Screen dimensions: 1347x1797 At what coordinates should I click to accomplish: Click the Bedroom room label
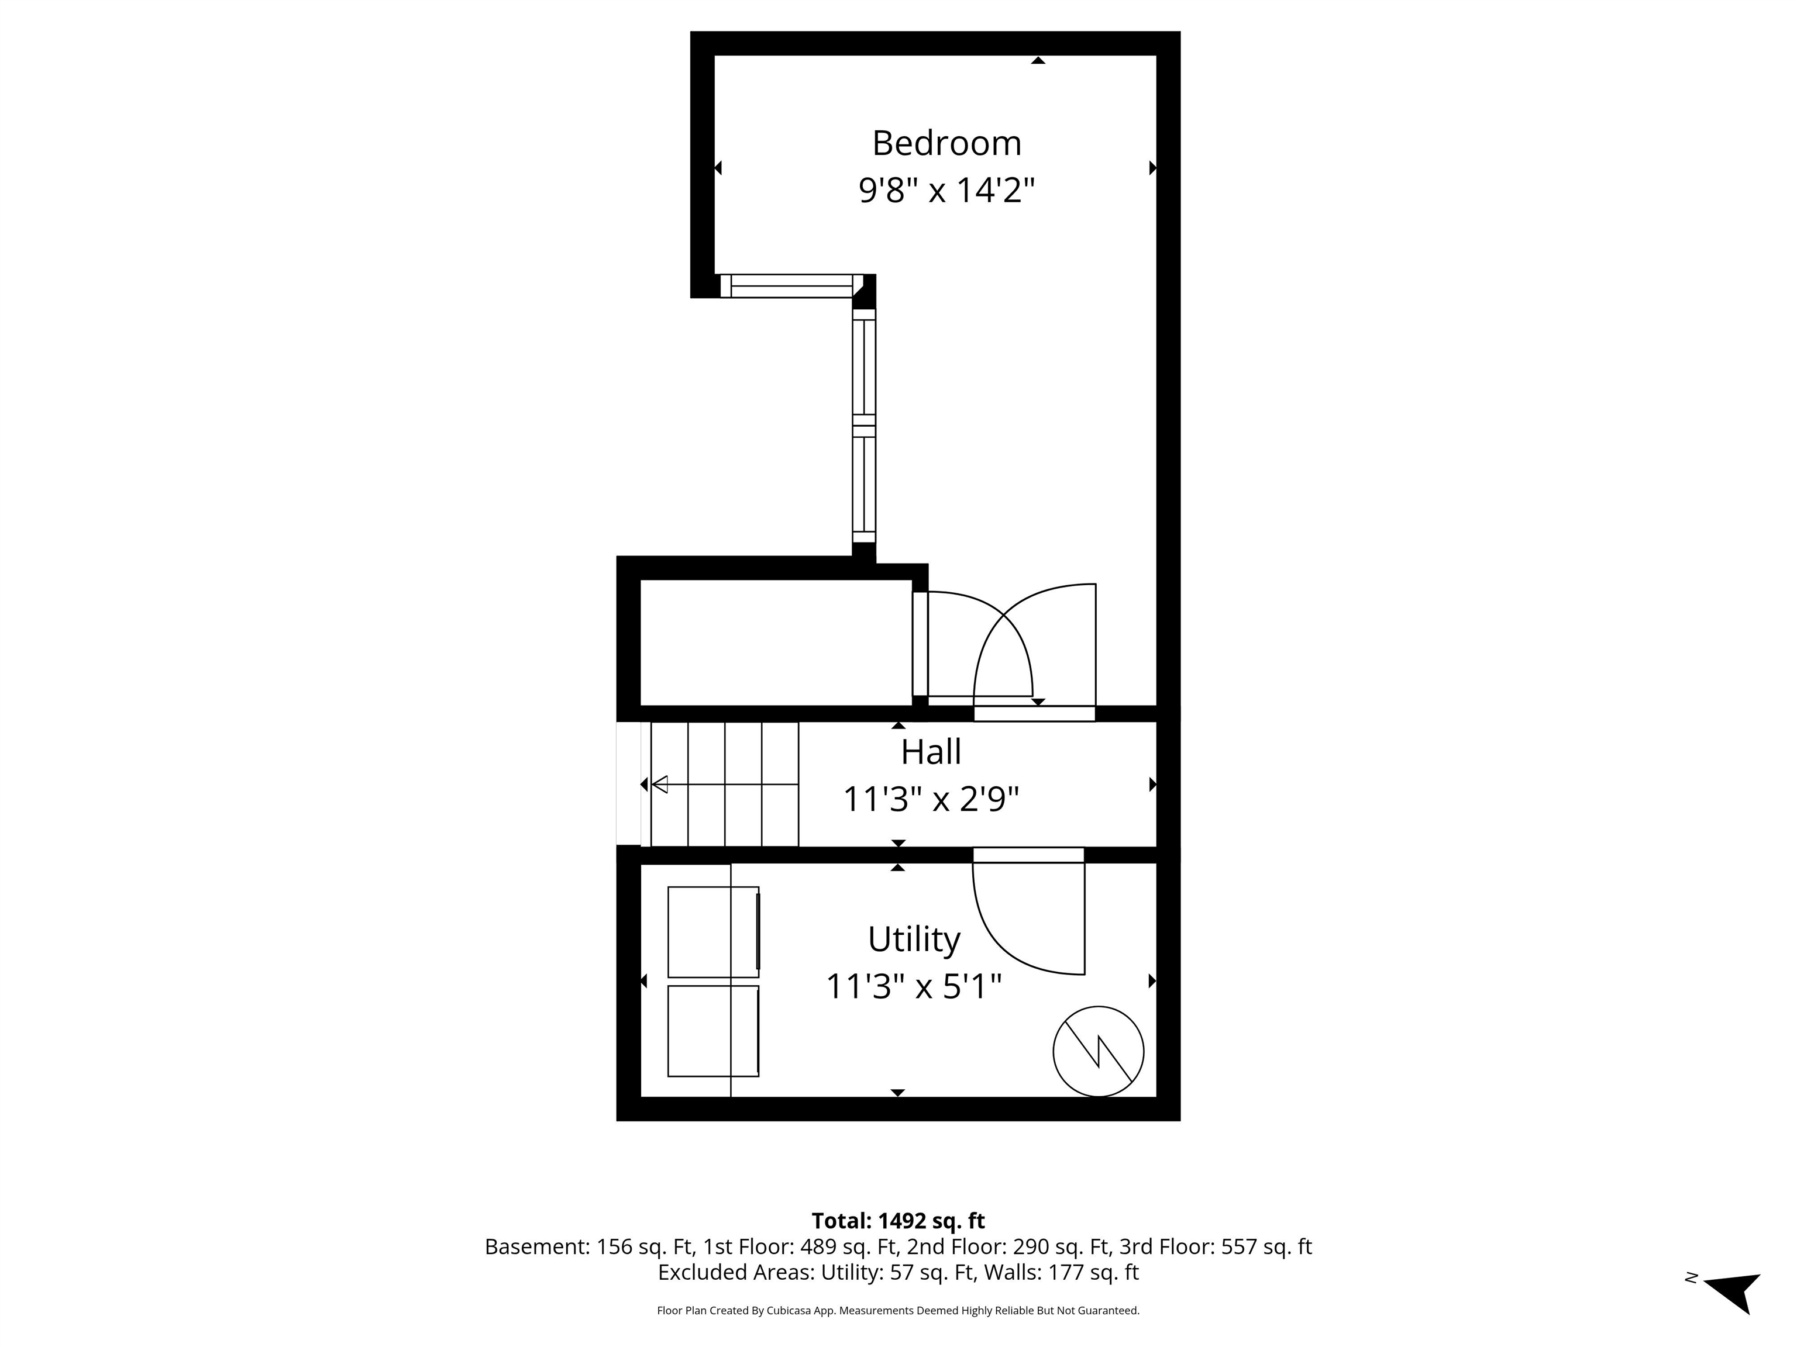[946, 144]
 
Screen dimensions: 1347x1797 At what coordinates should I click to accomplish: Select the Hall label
[931, 752]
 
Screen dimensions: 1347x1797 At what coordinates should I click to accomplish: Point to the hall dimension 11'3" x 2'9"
[931, 800]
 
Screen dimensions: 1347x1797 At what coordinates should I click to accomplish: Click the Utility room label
[914, 940]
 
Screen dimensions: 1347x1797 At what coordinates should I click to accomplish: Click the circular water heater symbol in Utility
[1099, 1051]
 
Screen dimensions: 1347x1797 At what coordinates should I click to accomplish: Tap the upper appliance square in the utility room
[713, 931]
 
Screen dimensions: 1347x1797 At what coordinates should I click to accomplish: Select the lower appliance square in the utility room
[713, 1031]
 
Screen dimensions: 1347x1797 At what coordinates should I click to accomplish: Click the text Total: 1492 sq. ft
[898, 1221]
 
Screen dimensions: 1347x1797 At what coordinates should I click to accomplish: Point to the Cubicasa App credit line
[898, 1311]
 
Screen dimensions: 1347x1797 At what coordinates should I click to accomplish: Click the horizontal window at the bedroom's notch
[786, 286]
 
